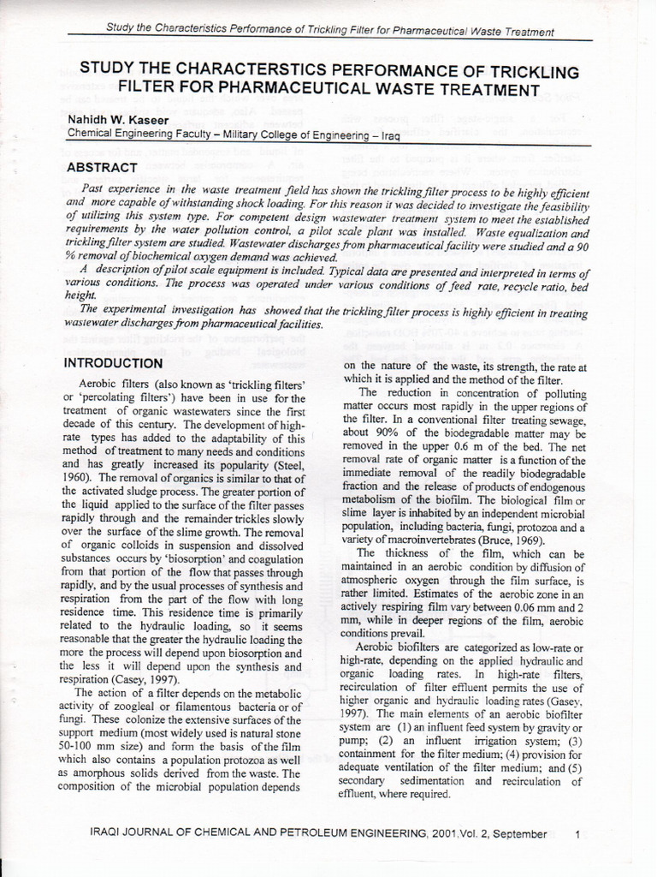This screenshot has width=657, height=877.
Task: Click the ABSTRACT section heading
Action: click(x=101, y=167)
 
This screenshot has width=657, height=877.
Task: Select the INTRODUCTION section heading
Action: click(x=114, y=363)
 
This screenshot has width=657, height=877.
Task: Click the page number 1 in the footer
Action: click(x=578, y=833)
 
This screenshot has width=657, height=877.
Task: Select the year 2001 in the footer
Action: click(x=447, y=833)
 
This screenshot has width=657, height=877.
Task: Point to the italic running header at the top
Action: click(x=329, y=31)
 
